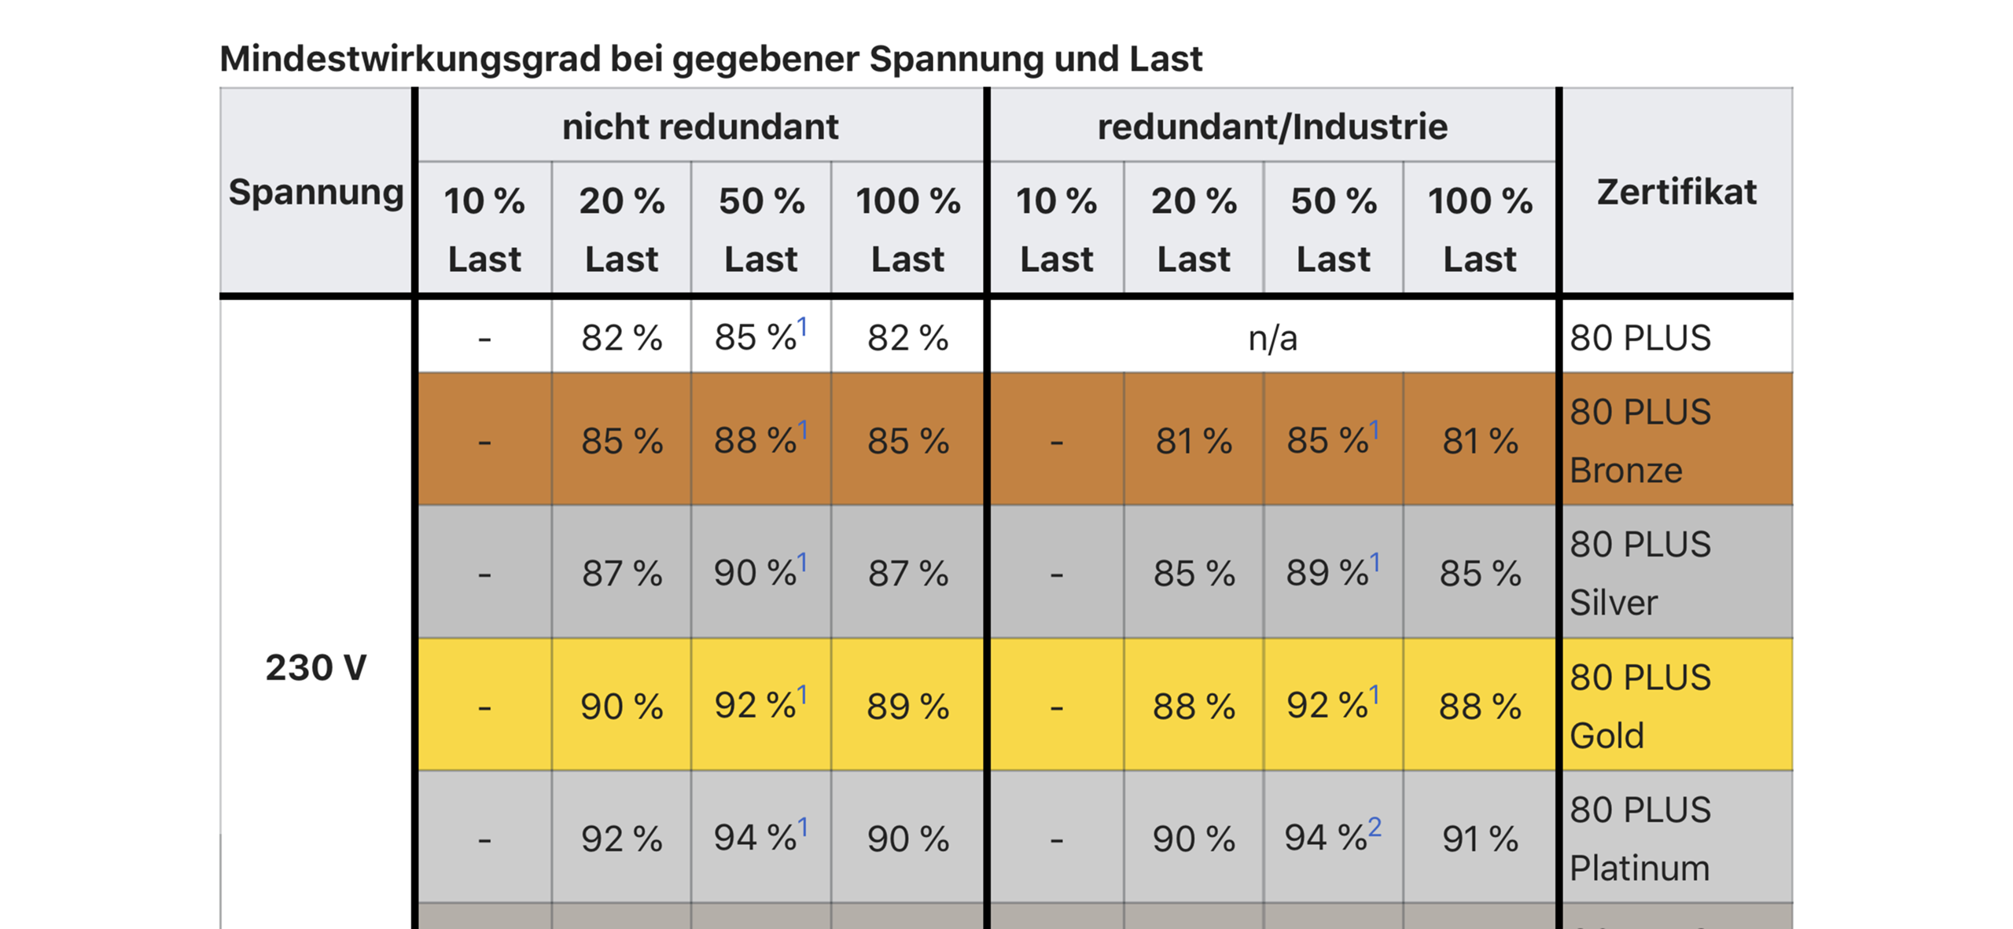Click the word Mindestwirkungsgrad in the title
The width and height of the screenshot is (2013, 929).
pyautogui.click(x=409, y=59)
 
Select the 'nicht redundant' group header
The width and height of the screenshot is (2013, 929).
pyautogui.click(x=699, y=127)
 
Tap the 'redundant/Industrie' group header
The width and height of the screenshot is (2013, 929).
pyautogui.click(x=1271, y=127)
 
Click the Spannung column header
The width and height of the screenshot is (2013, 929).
pyautogui.click(x=315, y=192)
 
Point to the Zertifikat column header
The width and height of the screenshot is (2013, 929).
pyautogui.click(x=1676, y=192)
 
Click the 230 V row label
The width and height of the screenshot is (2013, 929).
pyautogui.click(x=315, y=667)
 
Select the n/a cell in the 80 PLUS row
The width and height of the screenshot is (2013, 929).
pyautogui.click(x=1271, y=338)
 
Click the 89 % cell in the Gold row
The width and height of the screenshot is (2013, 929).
pyautogui.click(x=907, y=706)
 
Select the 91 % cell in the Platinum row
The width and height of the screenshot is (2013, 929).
pyautogui.click(x=1479, y=839)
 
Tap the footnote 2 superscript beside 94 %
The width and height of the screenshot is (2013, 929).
pyautogui.click(x=1374, y=827)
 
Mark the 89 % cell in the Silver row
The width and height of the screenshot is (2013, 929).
pyautogui.click(x=1332, y=573)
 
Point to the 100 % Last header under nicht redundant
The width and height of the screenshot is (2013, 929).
pyautogui.click(x=907, y=229)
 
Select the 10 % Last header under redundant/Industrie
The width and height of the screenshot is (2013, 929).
pyautogui.click(x=1056, y=229)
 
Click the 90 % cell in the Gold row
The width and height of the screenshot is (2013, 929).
pyautogui.click(x=621, y=706)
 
